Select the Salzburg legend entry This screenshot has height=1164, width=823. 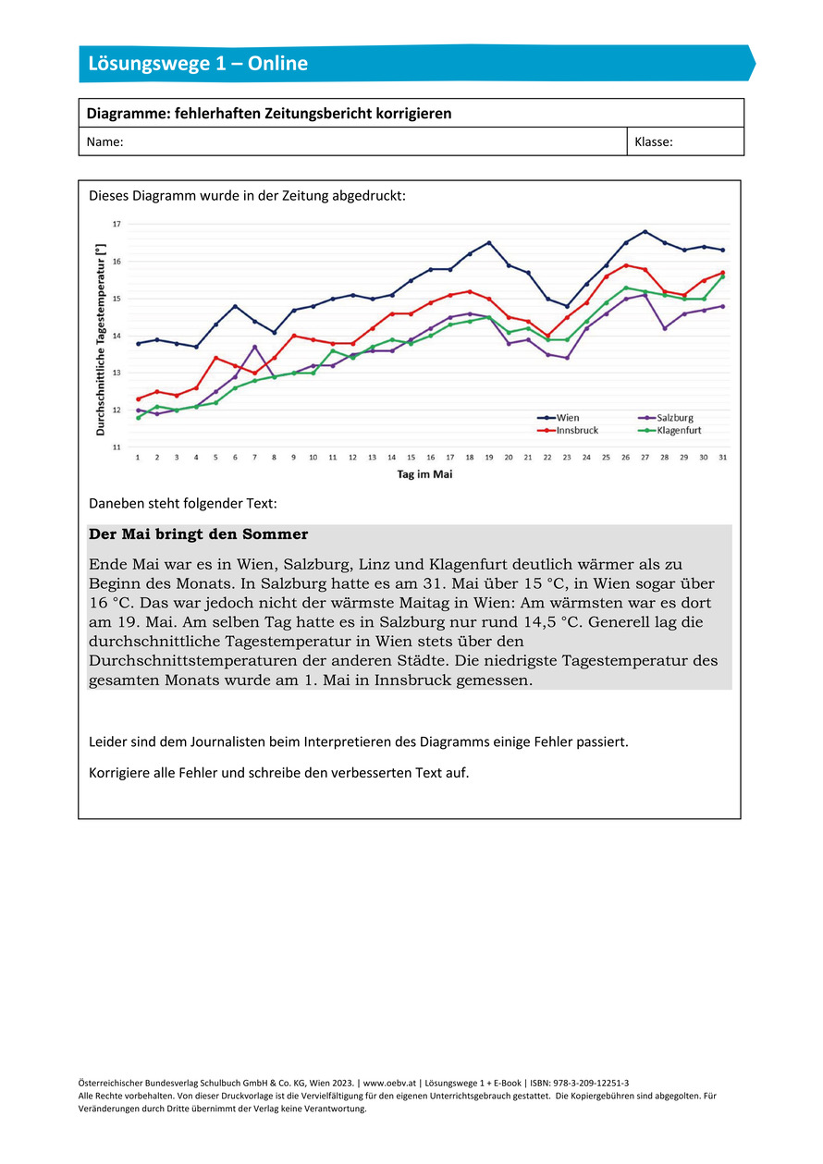coord(675,418)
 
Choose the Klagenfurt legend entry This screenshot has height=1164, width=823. coord(679,430)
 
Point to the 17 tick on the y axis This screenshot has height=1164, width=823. coord(117,225)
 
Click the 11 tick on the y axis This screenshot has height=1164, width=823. coord(117,447)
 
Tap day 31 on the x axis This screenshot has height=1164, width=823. coord(722,458)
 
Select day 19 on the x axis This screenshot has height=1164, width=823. coord(489,458)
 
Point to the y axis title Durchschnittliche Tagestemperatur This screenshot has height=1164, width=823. coord(99,336)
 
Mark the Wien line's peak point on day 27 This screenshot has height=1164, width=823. coord(645,232)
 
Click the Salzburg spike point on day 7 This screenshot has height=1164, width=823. coord(255,347)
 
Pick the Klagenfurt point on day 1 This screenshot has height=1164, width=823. coord(139,417)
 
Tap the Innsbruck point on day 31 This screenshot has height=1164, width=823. coord(722,273)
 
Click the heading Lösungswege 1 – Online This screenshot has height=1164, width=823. coord(198,64)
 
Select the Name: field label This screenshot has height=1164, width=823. coord(104,142)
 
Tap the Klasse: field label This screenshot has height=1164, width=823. coord(654,142)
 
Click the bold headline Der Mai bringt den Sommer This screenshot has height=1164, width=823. coord(199,534)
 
